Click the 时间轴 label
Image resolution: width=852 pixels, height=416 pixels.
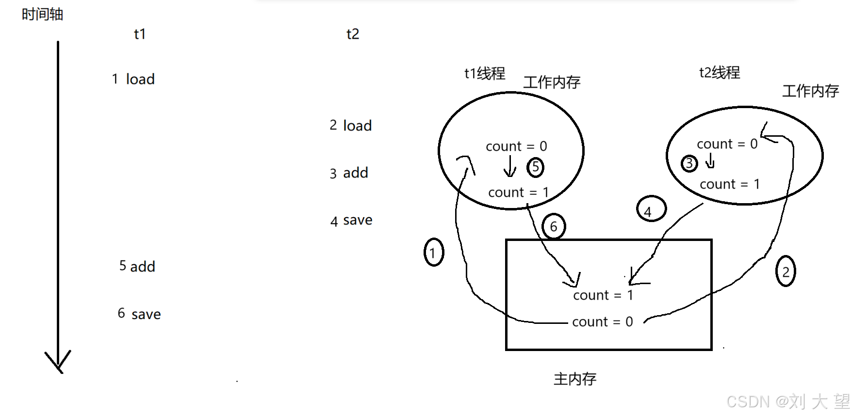tap(42, 15)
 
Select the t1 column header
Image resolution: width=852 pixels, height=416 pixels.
tap(140, 34)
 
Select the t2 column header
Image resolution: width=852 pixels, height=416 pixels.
tap(353, 34)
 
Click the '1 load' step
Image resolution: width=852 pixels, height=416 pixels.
tap(133, 79)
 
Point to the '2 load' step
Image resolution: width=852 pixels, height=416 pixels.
tap(351, 126)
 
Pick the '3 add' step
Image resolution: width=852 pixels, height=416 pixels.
tap(349, 173)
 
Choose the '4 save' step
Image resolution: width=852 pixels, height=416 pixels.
tap(351, 221)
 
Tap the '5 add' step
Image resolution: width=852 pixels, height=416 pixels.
tap(137, 266)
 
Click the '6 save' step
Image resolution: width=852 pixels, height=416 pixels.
tap(139, 314)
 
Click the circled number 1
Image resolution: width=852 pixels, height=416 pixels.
tap(433, 253)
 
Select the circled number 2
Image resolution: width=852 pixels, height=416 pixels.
tap(786, 272)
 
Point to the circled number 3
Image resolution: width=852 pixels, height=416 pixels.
tap(689, 164)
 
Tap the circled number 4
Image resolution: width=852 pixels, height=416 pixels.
tap(651, 209)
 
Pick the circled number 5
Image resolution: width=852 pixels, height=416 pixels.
tap(535, 167)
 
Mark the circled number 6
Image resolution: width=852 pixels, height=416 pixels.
tap(554, 226)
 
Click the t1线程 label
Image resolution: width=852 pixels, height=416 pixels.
tap(485, 73)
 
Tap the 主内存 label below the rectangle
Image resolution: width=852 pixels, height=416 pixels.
tap(575, 379)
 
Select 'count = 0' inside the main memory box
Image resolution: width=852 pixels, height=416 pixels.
tap(603, 322)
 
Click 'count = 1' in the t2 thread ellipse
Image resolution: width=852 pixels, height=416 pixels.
tap(730, 184)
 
